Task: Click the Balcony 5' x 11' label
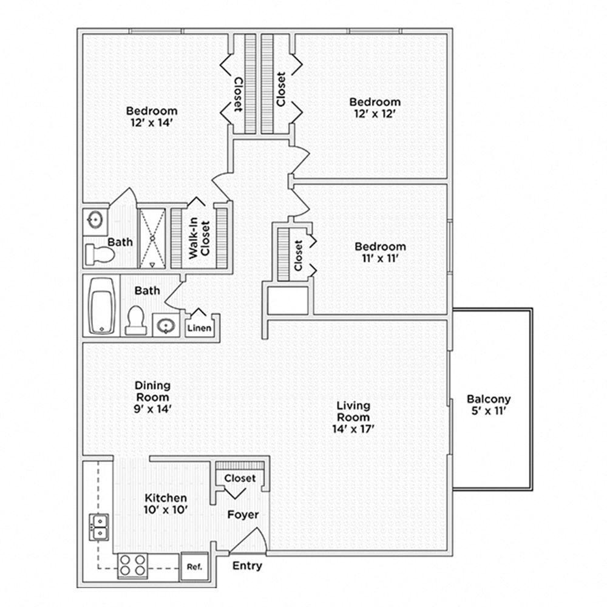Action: (489, 405)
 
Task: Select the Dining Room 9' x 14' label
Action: (152, 397)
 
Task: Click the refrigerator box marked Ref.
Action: (194, 568)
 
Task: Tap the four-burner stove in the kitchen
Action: (132, 566)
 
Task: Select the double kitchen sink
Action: (98, 526)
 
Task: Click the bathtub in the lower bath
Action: (101, 306)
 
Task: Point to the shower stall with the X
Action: (151, 237)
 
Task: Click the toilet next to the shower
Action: (99, 254)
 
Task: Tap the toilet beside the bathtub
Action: (135, 320)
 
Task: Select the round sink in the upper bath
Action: (95, 220)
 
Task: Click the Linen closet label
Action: (199, 328)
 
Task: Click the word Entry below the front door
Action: (248, 566)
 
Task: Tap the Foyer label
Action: (243, 515)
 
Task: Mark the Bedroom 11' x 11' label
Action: (380, 252)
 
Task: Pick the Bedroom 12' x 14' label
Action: (152, 117)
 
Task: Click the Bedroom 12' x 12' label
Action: (375, 107)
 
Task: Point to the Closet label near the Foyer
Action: (240, 478)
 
